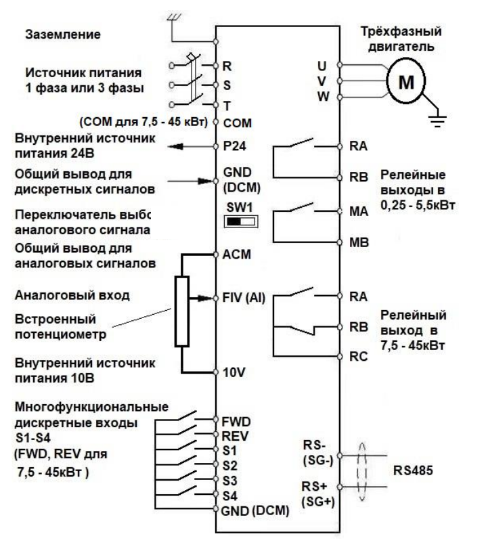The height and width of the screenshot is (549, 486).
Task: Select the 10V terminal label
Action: (231, 371)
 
